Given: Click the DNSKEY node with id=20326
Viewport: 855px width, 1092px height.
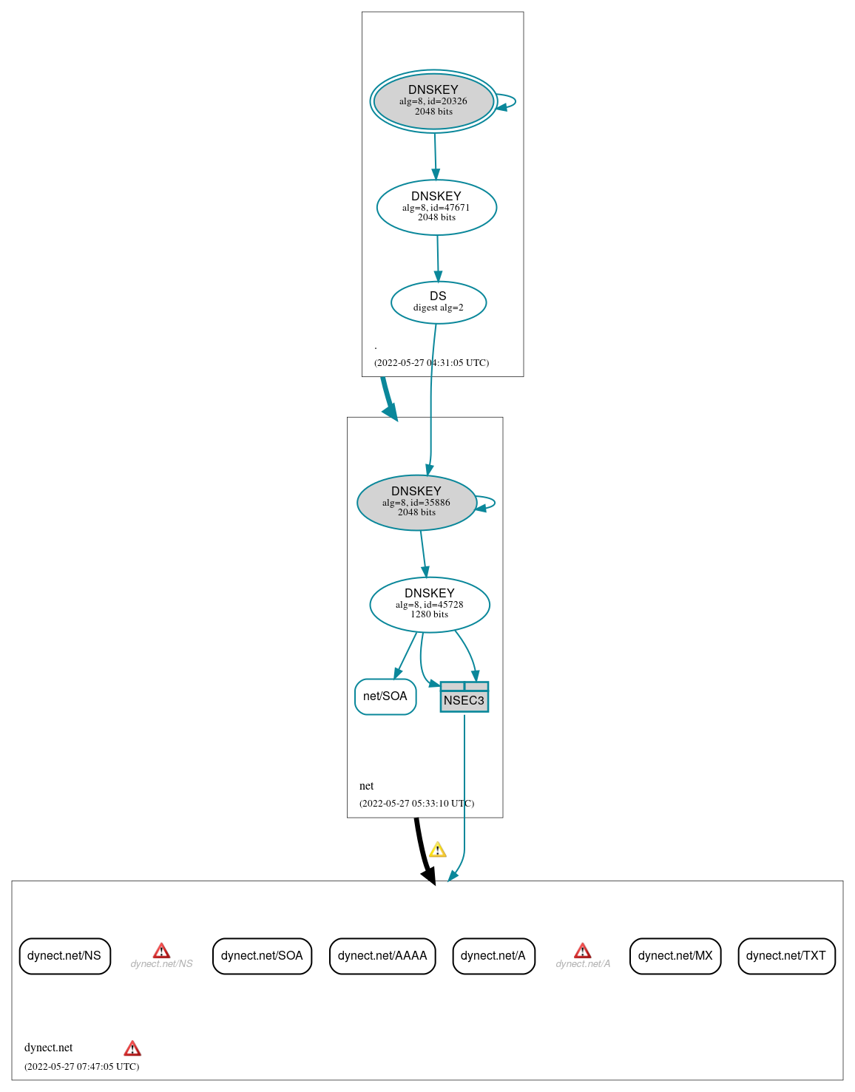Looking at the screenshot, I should [x=433, y=101].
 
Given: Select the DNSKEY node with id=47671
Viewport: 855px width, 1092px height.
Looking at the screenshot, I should [x=436, y=208].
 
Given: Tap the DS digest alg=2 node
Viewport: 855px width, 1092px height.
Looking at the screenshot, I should [x=439, y=302].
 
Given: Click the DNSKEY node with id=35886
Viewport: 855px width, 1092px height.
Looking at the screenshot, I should [x=416, y=503].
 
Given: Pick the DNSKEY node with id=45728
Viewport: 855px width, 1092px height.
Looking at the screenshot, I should [x=430, y=605].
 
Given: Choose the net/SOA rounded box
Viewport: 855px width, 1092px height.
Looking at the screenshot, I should [x=385, y=696].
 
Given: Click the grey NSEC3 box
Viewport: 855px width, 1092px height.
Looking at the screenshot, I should [x=464, y=698].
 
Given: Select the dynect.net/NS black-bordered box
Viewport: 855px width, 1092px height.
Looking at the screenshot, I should [x=64, y=956].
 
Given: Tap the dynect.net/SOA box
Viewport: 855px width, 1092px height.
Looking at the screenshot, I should [x=262, y=956].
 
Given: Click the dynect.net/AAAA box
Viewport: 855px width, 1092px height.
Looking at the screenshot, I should [x=382, y=956].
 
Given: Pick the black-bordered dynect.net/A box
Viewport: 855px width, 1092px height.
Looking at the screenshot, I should [x=493, y=956].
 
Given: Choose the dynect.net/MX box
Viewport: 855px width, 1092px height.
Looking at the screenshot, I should [x=675, y=956].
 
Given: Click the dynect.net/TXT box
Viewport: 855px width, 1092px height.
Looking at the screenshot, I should [x=786, y=956].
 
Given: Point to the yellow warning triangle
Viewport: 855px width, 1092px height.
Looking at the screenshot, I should [x=438, y=850].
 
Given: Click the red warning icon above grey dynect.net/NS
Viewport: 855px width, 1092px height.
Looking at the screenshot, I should [x=161, y=951].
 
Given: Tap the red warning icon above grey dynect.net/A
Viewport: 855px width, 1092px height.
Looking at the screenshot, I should [x=583, y=951].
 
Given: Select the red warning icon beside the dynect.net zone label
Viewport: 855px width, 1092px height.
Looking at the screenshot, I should [x=132, y=1048].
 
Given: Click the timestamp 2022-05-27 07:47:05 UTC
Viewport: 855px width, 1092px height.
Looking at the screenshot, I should [x=82, y=1066].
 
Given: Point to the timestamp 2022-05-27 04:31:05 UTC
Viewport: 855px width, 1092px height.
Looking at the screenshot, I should [x=431, y=362].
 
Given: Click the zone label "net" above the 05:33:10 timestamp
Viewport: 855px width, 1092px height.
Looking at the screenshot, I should [x=367, y=786].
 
